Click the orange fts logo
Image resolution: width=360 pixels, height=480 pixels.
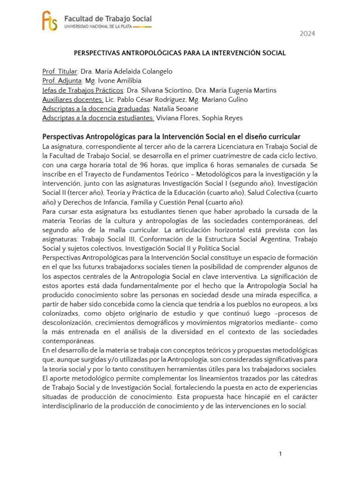(x=50, y=22)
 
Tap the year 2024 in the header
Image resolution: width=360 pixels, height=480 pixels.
(x=307, y=34)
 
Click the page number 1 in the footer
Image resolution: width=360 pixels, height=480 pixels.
(x=280, y=454)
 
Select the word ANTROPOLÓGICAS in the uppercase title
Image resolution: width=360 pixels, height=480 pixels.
(x=139, y=53)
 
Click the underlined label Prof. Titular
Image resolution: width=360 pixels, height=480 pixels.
(x=60, y=71)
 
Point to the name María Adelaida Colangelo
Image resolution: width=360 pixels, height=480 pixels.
(x=126, y=71)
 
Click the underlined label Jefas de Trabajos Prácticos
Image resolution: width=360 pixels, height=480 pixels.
(x=82, y=90)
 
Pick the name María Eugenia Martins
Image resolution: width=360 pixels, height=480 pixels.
(x=243, y=90)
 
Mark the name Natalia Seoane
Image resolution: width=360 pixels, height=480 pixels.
(x=172, y=109)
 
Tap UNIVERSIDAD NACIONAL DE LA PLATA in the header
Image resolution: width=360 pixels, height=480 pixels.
(x=103, y=27)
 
